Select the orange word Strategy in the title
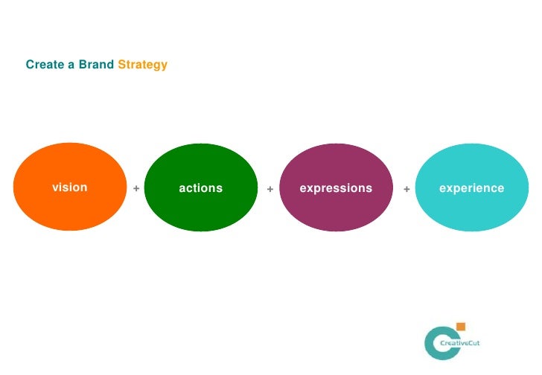(143, 65)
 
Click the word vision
(69, 187)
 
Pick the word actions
(200, 188)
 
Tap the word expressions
(335, 188)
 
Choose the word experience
(471, 188)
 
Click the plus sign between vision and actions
(136, 189)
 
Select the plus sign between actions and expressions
(270, 189)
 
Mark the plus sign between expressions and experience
(406, 189)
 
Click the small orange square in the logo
(461, 327)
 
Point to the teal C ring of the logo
(430, 343)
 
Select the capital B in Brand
(83, 65)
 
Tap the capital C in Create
(30, 65)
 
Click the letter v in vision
(54, 187)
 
